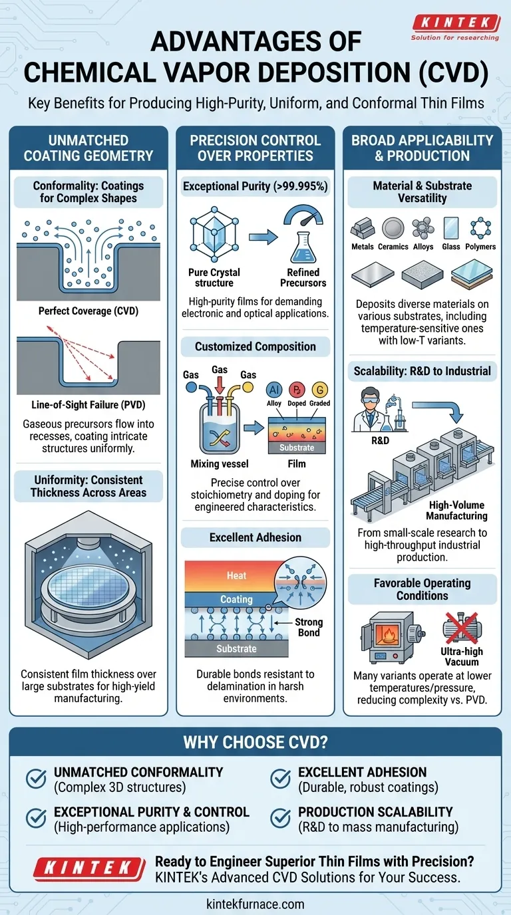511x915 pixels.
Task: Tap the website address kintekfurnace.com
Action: [x=255, y=904]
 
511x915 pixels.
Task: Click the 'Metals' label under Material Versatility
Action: [x=363, y=247]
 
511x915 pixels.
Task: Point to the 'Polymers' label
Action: [x=480, y=247]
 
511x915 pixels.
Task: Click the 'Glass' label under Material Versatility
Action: [x=450, y=247]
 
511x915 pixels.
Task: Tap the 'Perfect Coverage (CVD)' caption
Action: [x=88, y=311]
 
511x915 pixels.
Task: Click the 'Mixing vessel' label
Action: [x=214, y=464]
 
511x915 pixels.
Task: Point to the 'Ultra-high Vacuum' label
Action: [x=461, y=656]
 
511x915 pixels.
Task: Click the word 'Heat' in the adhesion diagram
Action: [x=237, y=576]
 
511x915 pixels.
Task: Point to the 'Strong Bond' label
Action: [x=309, y=627]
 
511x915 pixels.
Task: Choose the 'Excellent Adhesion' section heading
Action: [x=255, y=537]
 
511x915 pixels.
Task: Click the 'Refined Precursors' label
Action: [x=303, y=277]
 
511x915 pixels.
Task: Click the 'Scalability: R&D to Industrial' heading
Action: [x=423, y=371]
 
